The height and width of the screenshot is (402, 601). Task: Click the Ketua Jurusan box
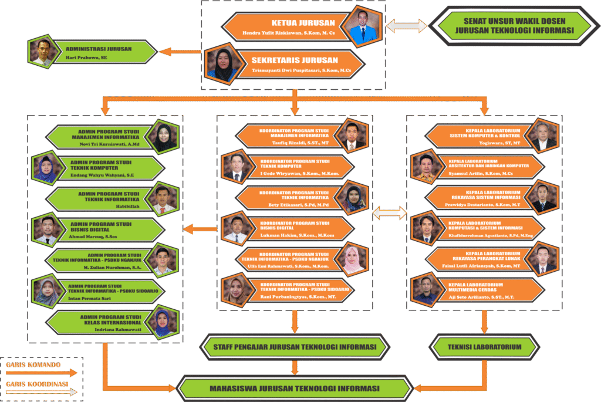[288, 27]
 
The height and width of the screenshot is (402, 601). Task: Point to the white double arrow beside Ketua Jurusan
[406, 26]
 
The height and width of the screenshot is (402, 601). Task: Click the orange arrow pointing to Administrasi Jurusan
[180, 52]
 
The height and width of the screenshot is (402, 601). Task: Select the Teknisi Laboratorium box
[484, 347]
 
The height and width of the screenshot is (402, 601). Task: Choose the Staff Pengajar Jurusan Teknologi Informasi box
[294, 347]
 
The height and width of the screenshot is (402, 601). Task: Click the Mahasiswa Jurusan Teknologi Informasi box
[294, 389]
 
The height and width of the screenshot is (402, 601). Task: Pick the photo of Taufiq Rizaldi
[352, 135]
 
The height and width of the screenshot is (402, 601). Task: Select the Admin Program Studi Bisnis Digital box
[106, 229]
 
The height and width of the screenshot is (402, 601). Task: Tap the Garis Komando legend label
[33, 364]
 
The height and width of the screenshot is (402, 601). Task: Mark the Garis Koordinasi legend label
[37, 385]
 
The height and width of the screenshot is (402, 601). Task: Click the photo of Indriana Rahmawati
[162, 323]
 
